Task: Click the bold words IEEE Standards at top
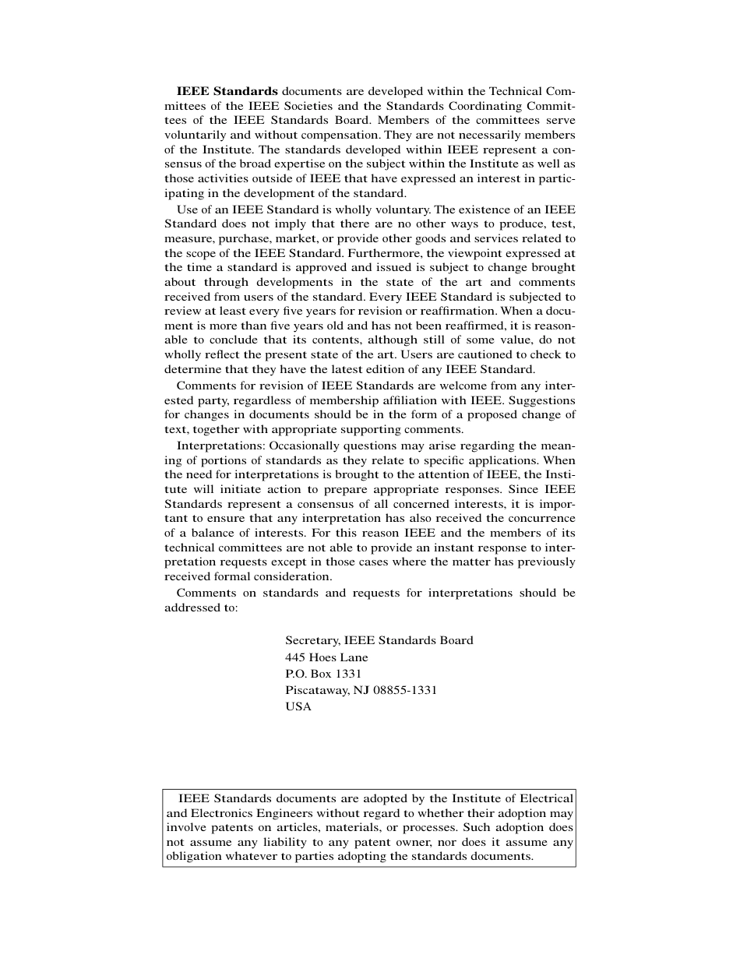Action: [227, 91]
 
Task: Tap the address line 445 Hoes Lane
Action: [326, 657]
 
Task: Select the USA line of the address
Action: [298, 707]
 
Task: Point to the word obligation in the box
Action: [194, 856]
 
